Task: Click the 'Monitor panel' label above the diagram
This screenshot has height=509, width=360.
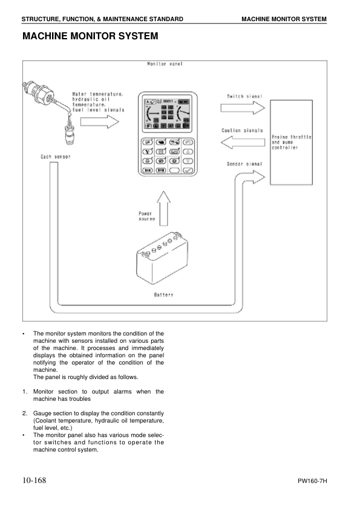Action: coord(166,63)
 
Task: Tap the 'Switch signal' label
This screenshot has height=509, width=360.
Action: coord(243,96)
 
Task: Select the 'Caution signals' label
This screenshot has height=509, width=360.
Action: coord(243,131)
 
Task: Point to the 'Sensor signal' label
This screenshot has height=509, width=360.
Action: coord(243,163)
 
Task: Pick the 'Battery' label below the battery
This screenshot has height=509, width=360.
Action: coord(163,294)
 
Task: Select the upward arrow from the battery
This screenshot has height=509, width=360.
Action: coord(165,206)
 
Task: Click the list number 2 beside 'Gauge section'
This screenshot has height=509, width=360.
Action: coord(25,413)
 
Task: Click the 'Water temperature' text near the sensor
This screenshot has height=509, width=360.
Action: coord(98,94)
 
